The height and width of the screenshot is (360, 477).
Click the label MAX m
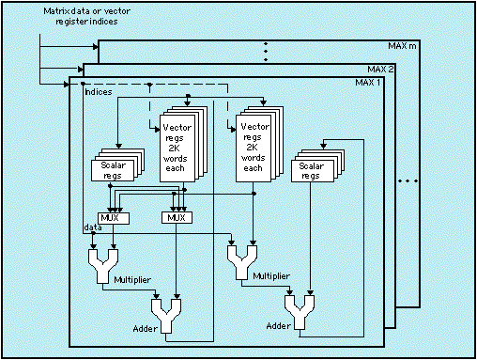402,46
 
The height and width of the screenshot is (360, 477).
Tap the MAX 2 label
380,70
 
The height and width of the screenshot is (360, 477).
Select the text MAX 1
368,83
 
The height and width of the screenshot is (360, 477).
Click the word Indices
99,92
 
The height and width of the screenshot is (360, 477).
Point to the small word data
93,227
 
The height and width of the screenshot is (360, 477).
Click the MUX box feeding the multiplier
114,218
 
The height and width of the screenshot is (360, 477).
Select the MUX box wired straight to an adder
177,218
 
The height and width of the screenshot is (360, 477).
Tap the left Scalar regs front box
113,170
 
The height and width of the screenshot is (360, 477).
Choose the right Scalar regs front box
312,171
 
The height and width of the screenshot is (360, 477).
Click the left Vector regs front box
177,149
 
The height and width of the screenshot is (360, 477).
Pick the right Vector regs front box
254,149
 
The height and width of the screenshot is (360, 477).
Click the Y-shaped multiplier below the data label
103,266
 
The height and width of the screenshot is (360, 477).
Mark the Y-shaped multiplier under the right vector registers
242,262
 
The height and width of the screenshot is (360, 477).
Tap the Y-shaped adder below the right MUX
166,316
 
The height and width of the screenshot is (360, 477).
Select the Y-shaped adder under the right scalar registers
300,312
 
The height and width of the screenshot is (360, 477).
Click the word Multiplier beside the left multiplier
132,280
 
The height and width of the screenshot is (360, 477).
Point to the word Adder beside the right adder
278,326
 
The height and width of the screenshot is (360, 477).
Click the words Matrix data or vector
86,11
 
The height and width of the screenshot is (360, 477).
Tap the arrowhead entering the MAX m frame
96,47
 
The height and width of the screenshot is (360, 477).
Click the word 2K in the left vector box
174,148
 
